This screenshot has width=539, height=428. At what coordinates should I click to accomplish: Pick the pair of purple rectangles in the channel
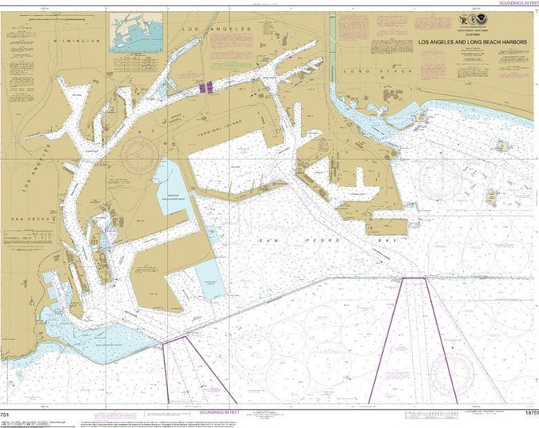pyautogui.click(x=205, y=87)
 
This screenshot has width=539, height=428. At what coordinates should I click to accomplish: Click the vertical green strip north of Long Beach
pyautogui.click(x=332, y=48)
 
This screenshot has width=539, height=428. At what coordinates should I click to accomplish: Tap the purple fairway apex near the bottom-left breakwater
pyautogui.click(x=175, y=338)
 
